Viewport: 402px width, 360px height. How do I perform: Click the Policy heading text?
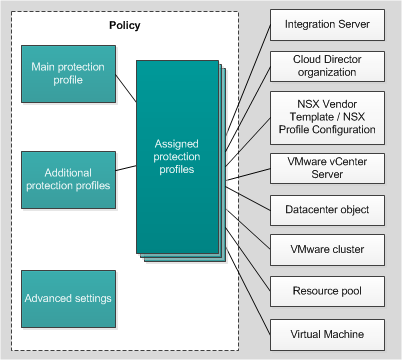pos(125,25)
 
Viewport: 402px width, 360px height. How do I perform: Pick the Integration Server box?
pos(328,23)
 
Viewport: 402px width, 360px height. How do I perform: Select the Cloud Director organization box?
pos(328,65)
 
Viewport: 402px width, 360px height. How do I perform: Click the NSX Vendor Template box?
pos(328,117)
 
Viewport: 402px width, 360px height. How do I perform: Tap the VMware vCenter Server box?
pos(328,168)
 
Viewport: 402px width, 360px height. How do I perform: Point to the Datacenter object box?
pos(328,210)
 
